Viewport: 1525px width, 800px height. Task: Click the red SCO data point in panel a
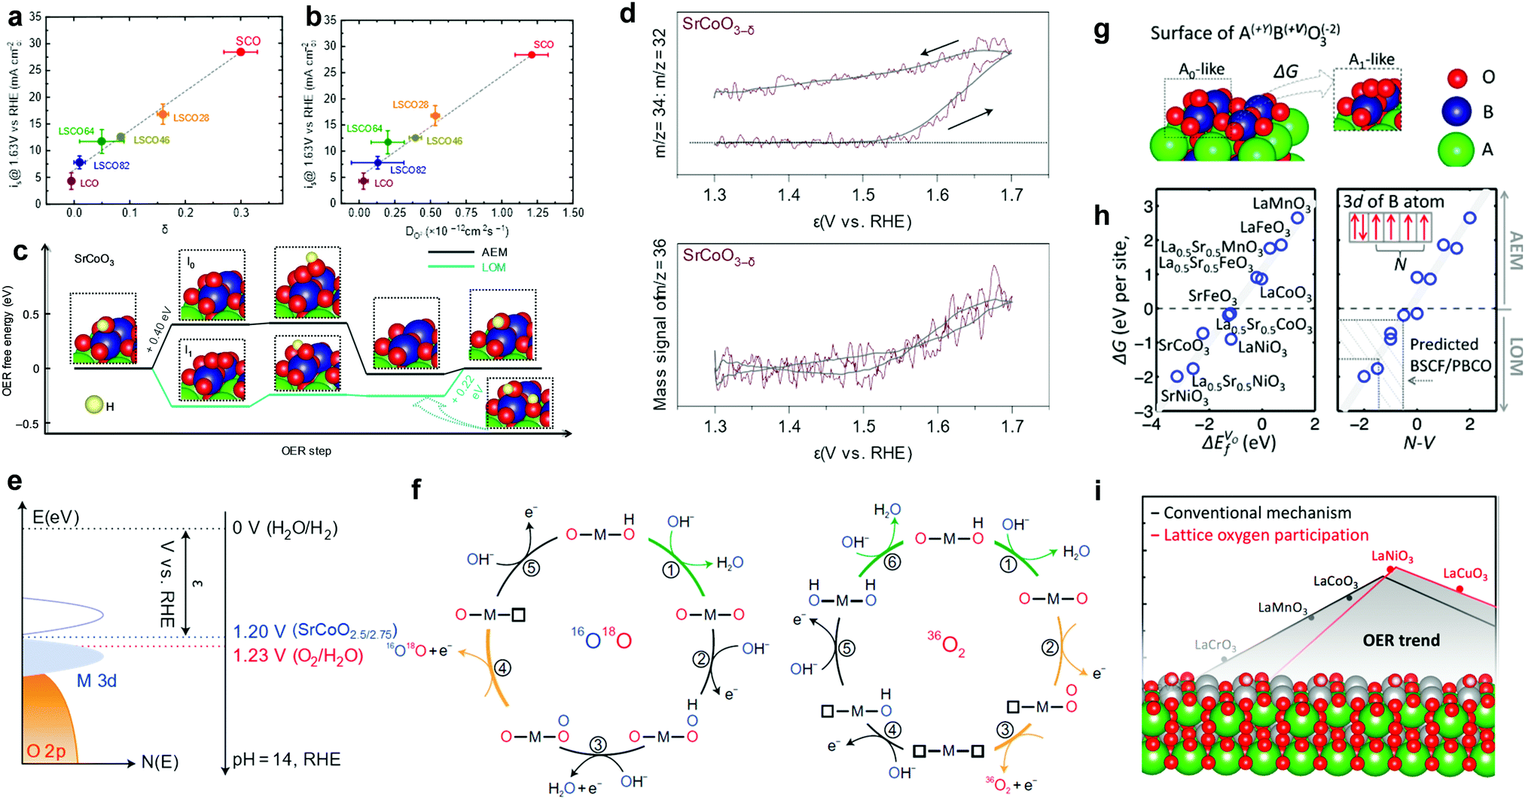pyautogui.click(x=240, y=52)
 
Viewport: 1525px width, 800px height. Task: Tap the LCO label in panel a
pyautogui.click(x=89, y=183)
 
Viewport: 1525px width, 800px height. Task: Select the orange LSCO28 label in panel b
pyautogui.click(x=410, y=105)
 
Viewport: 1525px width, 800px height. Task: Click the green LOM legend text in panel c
pyautogui.click(x=493, y=267)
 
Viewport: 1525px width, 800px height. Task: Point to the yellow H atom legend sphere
pyautogui.click(x=94, y=405)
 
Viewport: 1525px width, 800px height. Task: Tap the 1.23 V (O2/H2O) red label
pyautogui.click(x=297, y=656)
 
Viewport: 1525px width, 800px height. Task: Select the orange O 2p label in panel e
pyautogui.click(x=46, y=751)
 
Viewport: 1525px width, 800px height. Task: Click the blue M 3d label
pyautogui.click(x=96, y=681)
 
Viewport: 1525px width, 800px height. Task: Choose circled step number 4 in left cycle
pyautogui.click(x=502, y=668)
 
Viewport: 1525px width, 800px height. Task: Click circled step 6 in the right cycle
pyautogui.click(x=892, y=561)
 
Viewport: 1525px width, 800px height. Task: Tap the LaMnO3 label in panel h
pyautogui.click(x=1281, y=204)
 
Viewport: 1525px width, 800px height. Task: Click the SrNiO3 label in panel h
pyautogui.click(x=1185, y=397)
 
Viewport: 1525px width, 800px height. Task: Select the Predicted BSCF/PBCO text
pyautogui.click(x=1450, y=354)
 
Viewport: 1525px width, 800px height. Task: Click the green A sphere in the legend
pyautogui.click(x=1456, y=150)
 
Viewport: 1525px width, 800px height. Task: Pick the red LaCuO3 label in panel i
pyautogui.click(x=1465, y=574)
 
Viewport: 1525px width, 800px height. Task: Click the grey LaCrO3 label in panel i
pyautogui.click(x=1215, y=645)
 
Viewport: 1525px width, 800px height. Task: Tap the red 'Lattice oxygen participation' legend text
pyautogui.click(x=1265, y=535)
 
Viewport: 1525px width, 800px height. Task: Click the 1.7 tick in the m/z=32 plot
pyautogui.click(x=1011, y=196)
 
